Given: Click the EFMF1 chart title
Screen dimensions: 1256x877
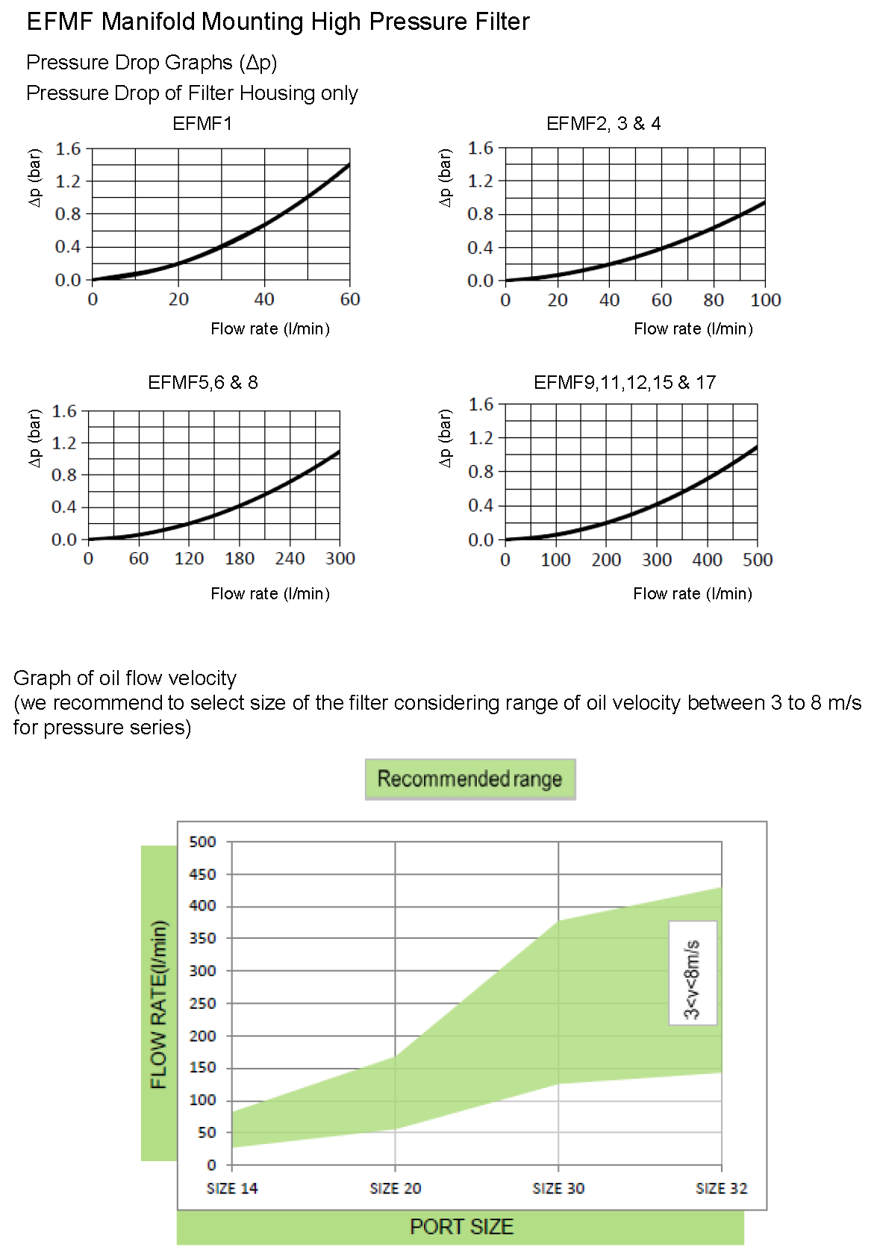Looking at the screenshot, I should pos(202,124).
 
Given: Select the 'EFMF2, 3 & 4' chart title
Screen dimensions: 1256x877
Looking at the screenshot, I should pos(603,124).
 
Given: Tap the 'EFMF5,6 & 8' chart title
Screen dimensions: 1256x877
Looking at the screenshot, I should pos(202,383).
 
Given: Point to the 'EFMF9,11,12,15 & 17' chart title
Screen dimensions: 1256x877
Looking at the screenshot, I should pos(624,383).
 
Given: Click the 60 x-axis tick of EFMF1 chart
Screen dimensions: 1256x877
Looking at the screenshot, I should pos(350,299).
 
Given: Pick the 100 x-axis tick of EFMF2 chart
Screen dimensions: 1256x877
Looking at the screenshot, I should pos(765,300).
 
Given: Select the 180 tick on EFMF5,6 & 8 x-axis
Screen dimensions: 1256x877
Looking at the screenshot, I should pos(240,558).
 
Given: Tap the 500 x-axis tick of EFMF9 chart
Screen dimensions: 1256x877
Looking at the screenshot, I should pos(757,560).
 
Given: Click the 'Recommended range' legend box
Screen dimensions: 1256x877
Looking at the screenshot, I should pos(469,779).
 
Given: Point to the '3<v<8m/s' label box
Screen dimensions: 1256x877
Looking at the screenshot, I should pos(693,972).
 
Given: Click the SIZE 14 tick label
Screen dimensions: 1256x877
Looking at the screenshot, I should pos(232,1188).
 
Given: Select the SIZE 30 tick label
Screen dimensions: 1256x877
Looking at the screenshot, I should pos(558,1188).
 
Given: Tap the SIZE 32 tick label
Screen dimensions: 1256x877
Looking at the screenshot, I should pos(721,1188).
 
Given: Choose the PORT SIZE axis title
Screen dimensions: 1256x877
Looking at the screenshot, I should pos(461,1227).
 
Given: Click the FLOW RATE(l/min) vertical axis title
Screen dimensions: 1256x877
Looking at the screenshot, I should pos(159,1004).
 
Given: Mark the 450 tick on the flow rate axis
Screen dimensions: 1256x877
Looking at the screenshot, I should pos(202,874).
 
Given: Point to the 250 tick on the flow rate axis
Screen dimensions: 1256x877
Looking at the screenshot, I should pos(202,1003).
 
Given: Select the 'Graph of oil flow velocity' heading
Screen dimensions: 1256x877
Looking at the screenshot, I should pos(125,678).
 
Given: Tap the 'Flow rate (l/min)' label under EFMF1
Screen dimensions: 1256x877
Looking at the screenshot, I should pos(269,329).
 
